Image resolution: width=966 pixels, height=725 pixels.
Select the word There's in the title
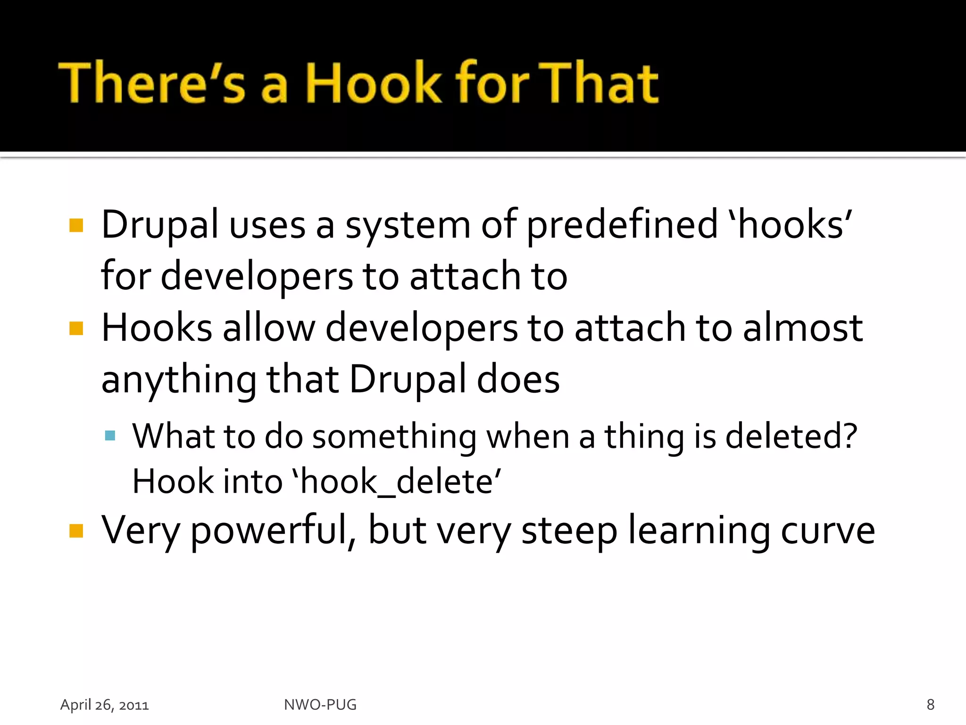[x=152, y=84]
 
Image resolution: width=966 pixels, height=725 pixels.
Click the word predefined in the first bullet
[x=622, y=225]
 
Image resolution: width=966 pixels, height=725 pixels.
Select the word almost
[x=802, y=328]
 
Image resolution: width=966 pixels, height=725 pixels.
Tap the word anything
[x=179, y=380]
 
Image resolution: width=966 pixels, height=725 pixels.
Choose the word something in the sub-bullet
[x=394, y=437]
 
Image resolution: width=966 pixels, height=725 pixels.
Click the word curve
[x=828, y=531]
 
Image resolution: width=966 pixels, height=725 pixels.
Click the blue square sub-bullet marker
[x=110, y=435]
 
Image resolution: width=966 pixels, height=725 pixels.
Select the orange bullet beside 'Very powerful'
[x=76, y=531]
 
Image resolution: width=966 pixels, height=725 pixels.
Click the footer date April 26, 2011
[x=104, y=705]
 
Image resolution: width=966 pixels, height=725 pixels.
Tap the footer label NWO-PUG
[x=320, y=704]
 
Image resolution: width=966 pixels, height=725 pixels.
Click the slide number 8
[x=930, y=704]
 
